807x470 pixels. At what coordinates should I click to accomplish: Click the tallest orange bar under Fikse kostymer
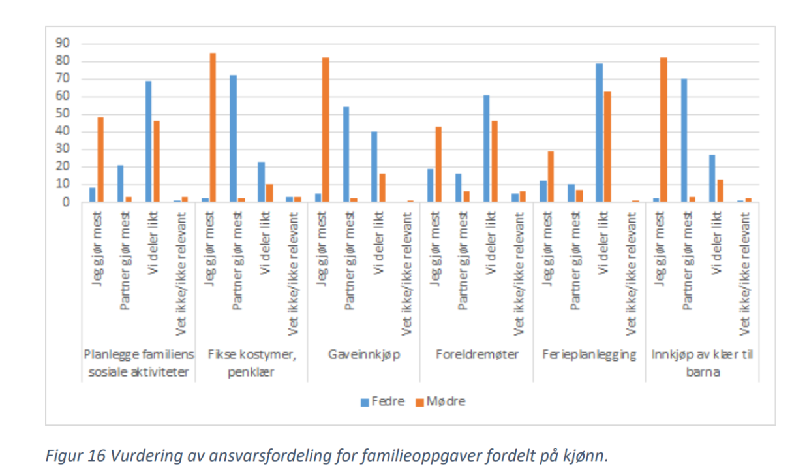[213, 127]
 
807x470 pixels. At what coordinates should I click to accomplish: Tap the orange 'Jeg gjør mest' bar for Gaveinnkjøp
[326, 130]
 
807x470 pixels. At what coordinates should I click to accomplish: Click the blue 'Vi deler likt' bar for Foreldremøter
[487, 148]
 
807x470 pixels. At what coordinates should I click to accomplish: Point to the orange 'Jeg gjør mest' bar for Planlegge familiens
[100, 160]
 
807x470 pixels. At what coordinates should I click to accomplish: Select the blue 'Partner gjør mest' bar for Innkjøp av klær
[684, 140]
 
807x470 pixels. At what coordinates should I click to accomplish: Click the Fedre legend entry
[385, 401]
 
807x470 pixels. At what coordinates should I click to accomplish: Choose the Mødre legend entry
[441, 401]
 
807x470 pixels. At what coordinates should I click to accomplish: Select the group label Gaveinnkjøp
[363, 354]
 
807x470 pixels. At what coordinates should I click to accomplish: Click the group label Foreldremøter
[477, 354]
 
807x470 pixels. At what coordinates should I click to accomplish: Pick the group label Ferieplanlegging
[589, 354]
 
